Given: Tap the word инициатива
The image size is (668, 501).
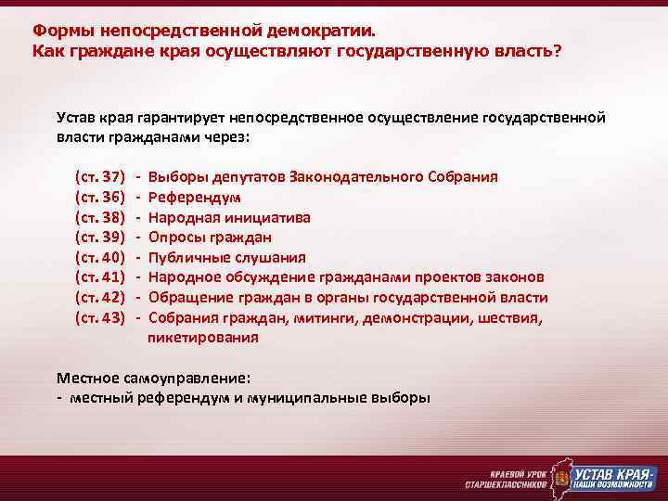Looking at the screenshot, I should tap(266, 216).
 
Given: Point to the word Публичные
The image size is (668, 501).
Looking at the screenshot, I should tap(187, 257).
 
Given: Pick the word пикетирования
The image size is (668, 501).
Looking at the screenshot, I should tap(203, 338).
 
